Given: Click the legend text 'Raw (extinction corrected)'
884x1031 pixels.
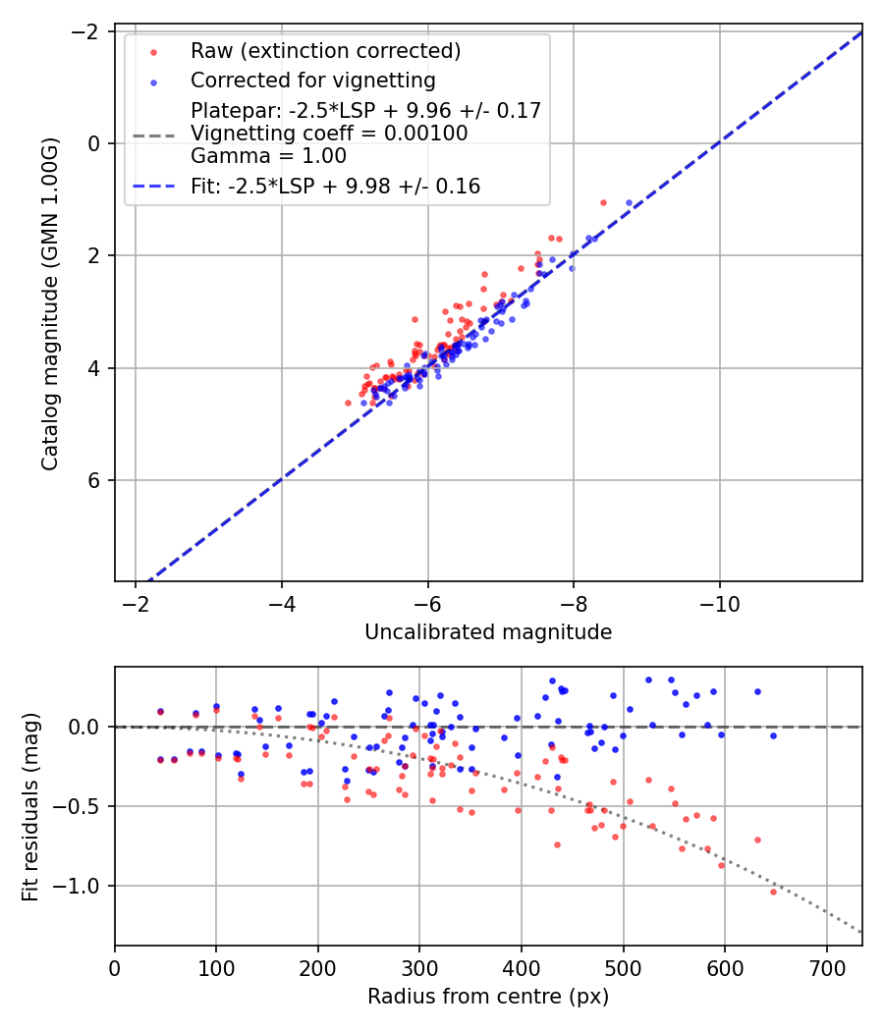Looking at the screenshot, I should pyautogui.click(x=325, y=51).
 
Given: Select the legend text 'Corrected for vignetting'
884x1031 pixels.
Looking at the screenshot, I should pyautogui.click(x=313, y=80).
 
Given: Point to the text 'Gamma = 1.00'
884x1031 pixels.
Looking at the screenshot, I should pyautogui.click(x=268, y=155).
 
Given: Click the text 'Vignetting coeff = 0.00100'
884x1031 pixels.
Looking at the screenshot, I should pyautogui.click(x=329, y=133).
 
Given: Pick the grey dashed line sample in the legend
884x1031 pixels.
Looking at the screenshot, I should pyautogui.click(x=154, y=134).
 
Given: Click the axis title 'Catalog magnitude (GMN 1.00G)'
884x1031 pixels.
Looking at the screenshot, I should pyautogui.click(x=50, y=303).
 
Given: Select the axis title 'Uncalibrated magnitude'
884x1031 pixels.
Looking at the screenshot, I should pyautogui.click(x=488, y=632).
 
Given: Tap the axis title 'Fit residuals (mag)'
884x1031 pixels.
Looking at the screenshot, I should pyautogui.click(x=30, y=806).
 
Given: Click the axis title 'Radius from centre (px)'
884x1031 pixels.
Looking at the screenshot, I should pyautogui.click(x=488, y=997).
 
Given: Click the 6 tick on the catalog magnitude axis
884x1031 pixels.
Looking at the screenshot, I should pyautogui.click(x=96, y=480).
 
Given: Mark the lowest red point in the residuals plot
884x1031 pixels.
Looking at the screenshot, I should pyautogui.click(x=773, y=892).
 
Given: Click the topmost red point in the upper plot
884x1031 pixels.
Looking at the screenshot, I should pyautogui.click(x=603, y=202).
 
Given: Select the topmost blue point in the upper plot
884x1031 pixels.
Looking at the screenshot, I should pyautogui.click(x=629, y=202).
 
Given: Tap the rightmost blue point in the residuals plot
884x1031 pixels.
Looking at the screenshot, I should pyautogui.click(x=773, y=735).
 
